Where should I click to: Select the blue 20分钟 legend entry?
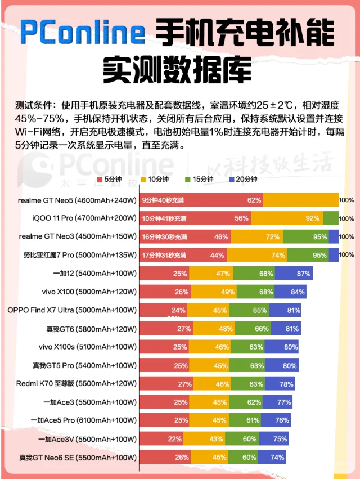coord(245,180)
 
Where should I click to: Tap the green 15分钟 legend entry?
coord(200,180)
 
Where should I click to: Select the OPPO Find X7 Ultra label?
coord(72,310)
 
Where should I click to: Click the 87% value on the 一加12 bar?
coord(304,274)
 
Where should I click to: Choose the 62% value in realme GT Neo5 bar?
coord(254,200)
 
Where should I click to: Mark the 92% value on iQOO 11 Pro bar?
coord(313,218)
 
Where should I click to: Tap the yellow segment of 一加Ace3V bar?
coord(204,439)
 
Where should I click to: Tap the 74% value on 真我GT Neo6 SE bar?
coord(277,458)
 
